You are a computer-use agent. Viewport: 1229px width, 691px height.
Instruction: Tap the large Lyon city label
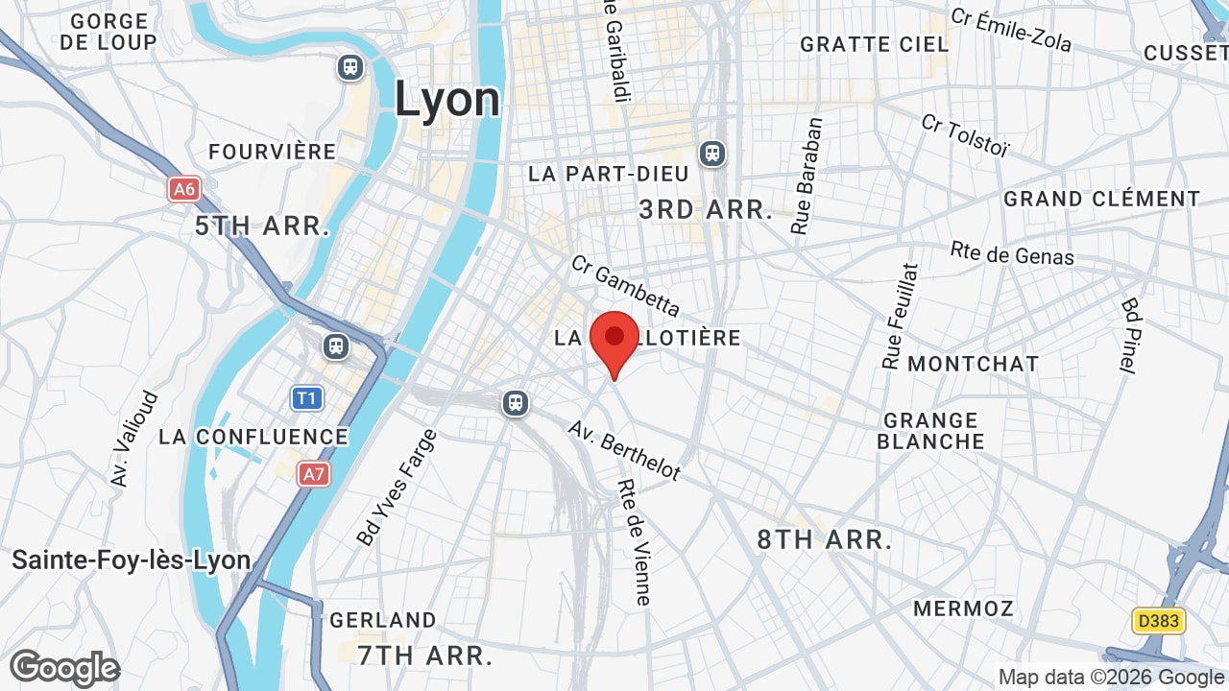[447, 99]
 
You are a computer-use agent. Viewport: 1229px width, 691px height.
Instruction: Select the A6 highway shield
[183, 189]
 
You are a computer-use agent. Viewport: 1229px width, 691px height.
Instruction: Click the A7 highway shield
[313, 473]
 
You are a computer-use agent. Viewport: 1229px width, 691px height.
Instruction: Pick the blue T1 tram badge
[307, 397]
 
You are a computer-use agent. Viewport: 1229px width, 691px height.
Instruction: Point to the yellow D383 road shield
[1158, 621]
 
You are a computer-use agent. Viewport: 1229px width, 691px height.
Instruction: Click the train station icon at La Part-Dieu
[712, 153]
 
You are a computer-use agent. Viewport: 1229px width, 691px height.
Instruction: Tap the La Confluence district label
[253, 437]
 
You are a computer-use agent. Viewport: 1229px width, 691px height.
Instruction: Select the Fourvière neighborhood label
[273, 152]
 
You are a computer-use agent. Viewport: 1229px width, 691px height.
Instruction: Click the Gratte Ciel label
[874, 44]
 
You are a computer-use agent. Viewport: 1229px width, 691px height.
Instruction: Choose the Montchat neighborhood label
[973, 364]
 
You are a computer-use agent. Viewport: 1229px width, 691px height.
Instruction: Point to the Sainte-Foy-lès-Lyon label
[132, 560]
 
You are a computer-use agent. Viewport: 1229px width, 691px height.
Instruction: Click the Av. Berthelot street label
[624, 450]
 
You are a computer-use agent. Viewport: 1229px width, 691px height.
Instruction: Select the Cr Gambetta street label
[625, 285]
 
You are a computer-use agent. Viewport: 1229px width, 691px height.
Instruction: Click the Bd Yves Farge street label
[397, 488]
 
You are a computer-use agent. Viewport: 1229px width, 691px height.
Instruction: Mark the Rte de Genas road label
[1012, 253]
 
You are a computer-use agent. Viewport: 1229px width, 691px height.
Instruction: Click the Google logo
[64, 668]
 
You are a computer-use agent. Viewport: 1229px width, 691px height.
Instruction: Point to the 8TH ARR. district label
[824, 539]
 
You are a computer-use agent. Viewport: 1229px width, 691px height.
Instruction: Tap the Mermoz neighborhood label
[963, 608]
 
